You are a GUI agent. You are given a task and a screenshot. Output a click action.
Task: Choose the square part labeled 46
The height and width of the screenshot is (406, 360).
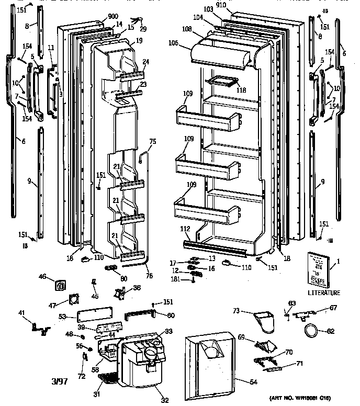pyautogui.click(x=61, y=286)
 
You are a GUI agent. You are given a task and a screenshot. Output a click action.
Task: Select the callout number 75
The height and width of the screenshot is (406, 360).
pyautogui.click(x=153, y=141)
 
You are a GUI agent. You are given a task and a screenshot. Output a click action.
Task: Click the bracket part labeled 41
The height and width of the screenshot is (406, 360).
pyautogui.click(x=39, y=328)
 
